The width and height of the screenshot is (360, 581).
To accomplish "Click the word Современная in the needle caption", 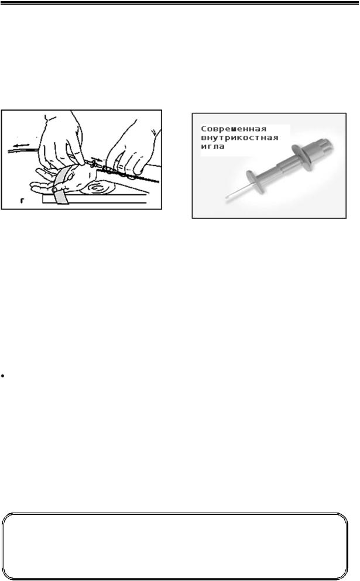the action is point(234,129).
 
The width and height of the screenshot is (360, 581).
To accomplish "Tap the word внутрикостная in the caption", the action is point(239,138).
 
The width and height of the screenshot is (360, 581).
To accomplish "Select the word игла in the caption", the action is point(213,147).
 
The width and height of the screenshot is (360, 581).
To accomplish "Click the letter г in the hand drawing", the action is point(22,201).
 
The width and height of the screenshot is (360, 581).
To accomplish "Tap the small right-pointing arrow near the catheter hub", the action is point(95,160).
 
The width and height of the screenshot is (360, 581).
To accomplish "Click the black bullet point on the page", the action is point(2,376).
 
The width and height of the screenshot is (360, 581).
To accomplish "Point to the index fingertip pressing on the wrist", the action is point(81,161).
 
